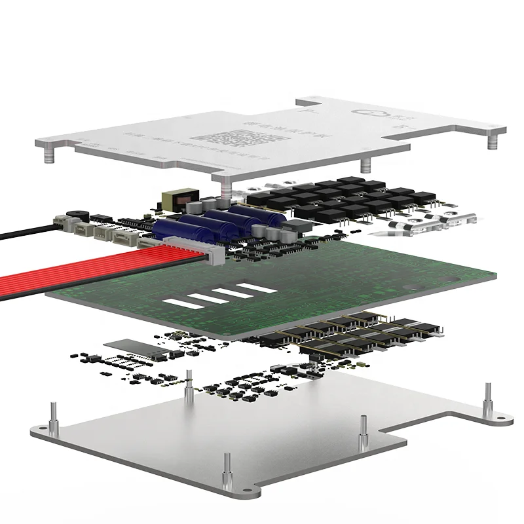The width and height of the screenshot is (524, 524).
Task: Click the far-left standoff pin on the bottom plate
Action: tap(52, 419)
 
